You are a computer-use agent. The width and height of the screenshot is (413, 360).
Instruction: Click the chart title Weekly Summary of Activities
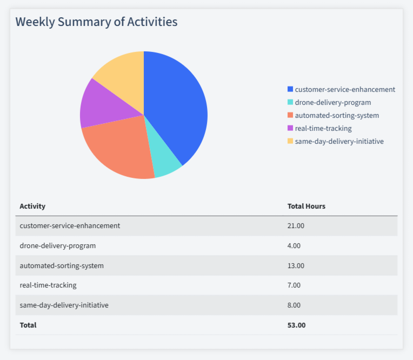96,22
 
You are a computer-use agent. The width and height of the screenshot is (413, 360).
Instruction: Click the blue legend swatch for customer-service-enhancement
290,89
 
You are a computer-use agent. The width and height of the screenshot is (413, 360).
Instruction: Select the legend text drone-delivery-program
333,102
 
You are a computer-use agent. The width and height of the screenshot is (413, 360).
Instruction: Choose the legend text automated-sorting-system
337,115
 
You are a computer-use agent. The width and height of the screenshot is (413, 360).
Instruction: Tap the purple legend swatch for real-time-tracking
290,128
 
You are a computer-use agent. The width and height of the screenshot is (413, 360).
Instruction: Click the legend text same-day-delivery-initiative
339,141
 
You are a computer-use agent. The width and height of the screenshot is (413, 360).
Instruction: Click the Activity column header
32,206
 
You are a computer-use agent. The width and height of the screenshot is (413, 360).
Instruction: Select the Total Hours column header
306,206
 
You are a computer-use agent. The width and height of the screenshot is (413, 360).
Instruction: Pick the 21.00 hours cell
296,225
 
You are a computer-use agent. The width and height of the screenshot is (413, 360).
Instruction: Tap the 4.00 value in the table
294,245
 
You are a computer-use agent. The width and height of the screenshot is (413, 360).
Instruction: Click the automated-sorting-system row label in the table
62,265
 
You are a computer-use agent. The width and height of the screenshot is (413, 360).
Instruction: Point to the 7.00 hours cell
294,285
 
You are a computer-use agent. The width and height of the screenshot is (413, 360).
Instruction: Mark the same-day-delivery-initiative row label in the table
64,305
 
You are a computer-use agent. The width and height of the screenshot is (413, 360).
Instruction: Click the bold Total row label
28,325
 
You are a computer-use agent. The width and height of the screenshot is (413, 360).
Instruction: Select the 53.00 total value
296,325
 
